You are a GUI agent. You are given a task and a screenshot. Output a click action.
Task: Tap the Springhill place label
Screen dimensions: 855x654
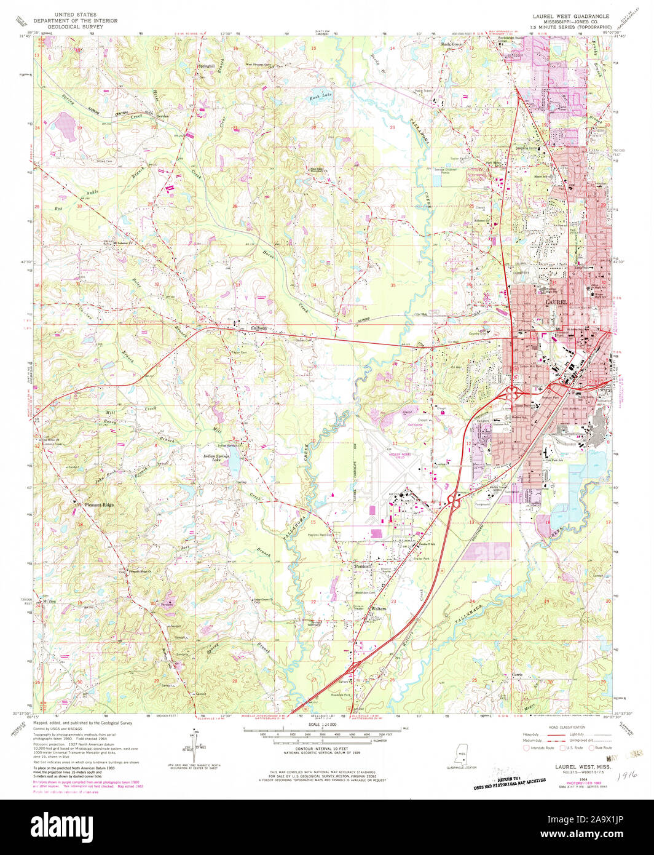pyautogui.click(x=205, y=66)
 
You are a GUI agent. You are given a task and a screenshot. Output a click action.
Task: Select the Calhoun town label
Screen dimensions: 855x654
pyautogui.click(x=259, y=328)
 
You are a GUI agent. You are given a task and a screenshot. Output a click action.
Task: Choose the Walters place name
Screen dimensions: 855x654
pyautogui.click(x=379, y=609)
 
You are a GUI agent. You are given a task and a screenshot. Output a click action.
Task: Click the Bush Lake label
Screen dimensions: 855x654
pyautogui.click(x=320, y=96)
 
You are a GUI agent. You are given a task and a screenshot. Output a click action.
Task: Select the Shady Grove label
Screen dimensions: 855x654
pyautogui.click(x=451, y=45)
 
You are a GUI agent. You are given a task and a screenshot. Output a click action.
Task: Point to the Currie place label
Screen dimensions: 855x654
pyautogui.click(x=517, y=675)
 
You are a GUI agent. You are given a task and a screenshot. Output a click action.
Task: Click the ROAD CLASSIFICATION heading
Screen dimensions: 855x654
pyautogui.click(x=559, y=725)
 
